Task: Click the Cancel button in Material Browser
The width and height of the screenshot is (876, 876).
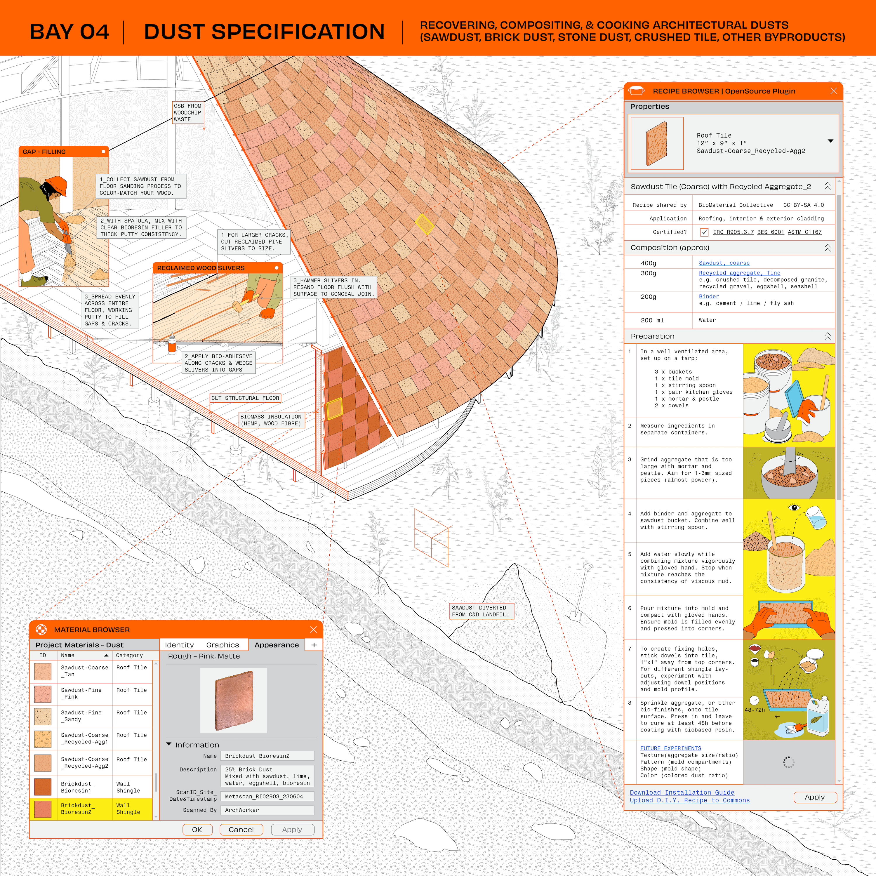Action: pos(241,829)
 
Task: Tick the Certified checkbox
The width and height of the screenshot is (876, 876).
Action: pos(704,232)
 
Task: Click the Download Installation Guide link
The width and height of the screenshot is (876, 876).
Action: pos(682,792)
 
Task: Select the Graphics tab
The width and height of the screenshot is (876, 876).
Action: pos(222,645)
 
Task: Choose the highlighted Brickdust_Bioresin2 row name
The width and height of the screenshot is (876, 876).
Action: pos(78,809)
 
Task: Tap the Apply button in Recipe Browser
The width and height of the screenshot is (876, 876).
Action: pos(814,797)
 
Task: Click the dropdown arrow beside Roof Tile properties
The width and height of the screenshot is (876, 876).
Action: pos(830,141)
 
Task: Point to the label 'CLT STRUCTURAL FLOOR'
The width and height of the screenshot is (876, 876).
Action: pos(245,398)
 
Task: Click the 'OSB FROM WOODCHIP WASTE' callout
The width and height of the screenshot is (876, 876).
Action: pos(187,112)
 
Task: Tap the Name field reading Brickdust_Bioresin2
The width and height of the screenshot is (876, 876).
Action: pos(267,756)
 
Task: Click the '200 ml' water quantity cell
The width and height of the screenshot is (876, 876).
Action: pos(652,320)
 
